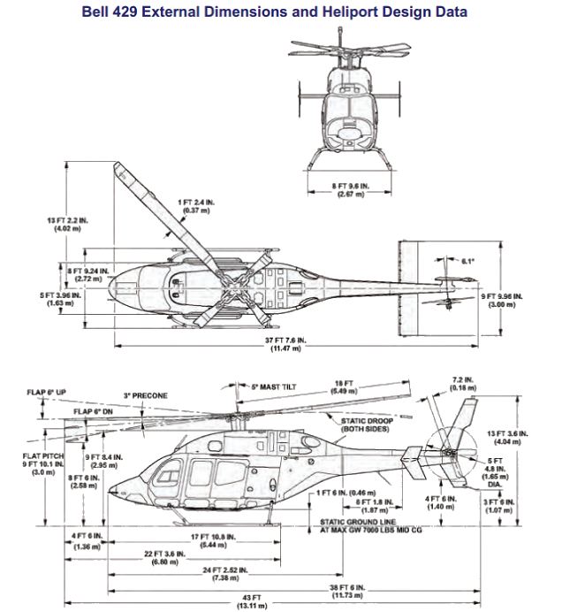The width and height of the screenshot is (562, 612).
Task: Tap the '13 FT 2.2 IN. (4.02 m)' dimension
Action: (67, 224)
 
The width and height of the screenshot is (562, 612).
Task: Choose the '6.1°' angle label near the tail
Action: (468, 261)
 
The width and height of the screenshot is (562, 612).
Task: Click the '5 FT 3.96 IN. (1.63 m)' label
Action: (64, 299)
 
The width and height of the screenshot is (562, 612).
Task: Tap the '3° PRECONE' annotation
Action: (145, 395)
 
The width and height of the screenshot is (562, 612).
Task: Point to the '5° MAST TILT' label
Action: (272, 386)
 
